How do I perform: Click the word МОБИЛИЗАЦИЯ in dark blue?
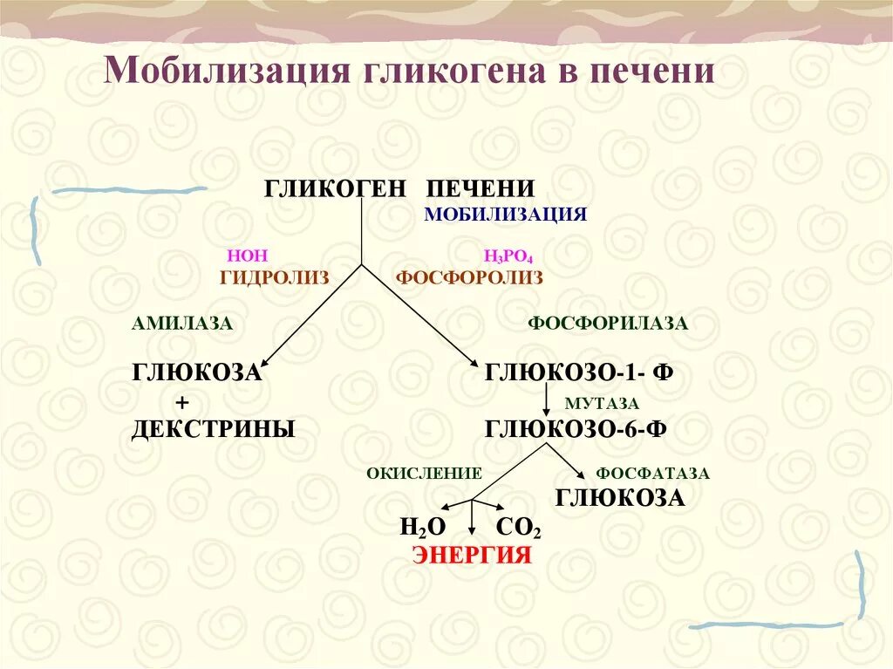pos(506,215)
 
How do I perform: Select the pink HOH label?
pos(248,256)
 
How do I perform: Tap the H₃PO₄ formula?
pos(508,256)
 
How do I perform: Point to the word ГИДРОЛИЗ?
pos(275,277)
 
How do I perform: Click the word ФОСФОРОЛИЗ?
pos(469,277)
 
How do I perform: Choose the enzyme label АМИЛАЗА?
pos(182,324)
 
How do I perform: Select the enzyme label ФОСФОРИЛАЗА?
pos(608,324)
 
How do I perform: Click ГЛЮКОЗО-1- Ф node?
pos(579,372)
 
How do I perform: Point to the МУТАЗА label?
pos(602,403)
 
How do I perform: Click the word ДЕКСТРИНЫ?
pos(213,429)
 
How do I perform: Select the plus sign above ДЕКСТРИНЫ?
pos(182,402)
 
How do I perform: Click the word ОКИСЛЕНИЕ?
pos(424,474)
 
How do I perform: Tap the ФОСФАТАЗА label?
pos(652,474)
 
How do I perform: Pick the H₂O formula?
pos(423,527)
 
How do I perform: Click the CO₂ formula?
pos(518,527)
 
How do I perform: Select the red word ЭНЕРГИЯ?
pos(472,556)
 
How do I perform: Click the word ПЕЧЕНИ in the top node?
pos(481,188)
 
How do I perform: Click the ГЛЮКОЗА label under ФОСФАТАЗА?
pos(620,499)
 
